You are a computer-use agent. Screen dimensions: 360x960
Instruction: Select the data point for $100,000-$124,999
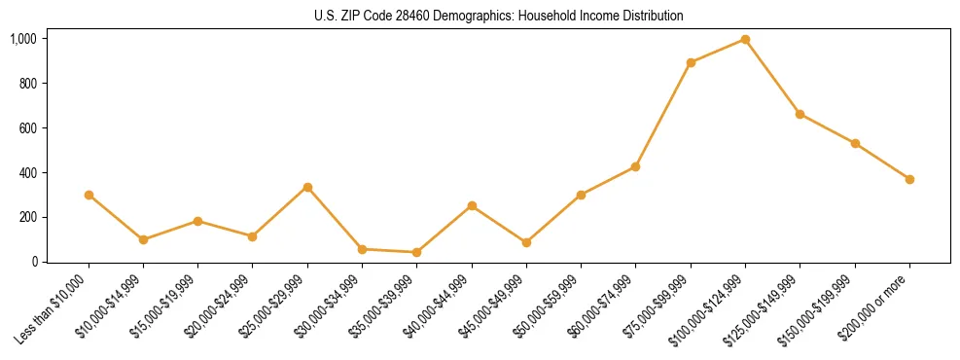(745, 39)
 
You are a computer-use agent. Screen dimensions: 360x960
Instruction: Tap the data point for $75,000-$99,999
(691, 62)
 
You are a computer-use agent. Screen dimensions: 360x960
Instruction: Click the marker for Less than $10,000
(89, 195)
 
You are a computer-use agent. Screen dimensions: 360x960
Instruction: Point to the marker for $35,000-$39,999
(416, 252)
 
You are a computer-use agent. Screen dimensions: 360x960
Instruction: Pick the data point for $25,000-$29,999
(307, 187)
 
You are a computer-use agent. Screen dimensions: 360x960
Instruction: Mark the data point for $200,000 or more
(909, 179)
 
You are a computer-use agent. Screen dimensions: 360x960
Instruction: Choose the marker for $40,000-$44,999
(472, 205)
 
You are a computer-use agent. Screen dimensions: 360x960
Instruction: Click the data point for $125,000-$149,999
(800, 114)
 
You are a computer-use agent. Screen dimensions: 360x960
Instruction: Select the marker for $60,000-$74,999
(635, 166)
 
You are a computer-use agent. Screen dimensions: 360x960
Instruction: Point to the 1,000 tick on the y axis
(23, 39)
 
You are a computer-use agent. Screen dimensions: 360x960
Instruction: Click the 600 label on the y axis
(27, 128)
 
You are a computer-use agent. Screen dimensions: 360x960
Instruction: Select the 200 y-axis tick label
(27, 217)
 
